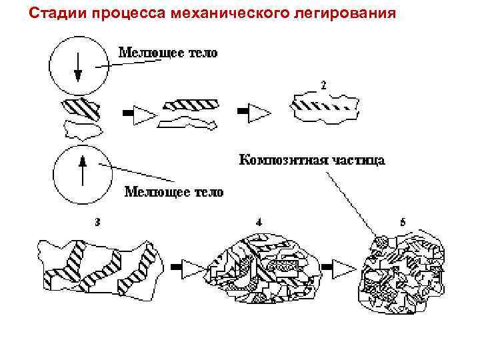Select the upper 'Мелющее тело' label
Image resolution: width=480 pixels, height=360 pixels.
tap(168, 53)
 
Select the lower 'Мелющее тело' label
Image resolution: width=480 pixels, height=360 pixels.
tap(175, 192)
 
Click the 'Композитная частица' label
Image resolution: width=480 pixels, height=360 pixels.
tap(311, 161)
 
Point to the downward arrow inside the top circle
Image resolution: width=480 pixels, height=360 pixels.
tap(78, 67)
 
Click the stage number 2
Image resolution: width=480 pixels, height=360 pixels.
tap(323, 85)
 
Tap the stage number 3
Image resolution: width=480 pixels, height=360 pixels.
tap(97, 221)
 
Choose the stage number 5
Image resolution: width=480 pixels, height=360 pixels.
tap(403, 221)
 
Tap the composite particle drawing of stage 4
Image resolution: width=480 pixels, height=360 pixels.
tap(260, 267)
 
